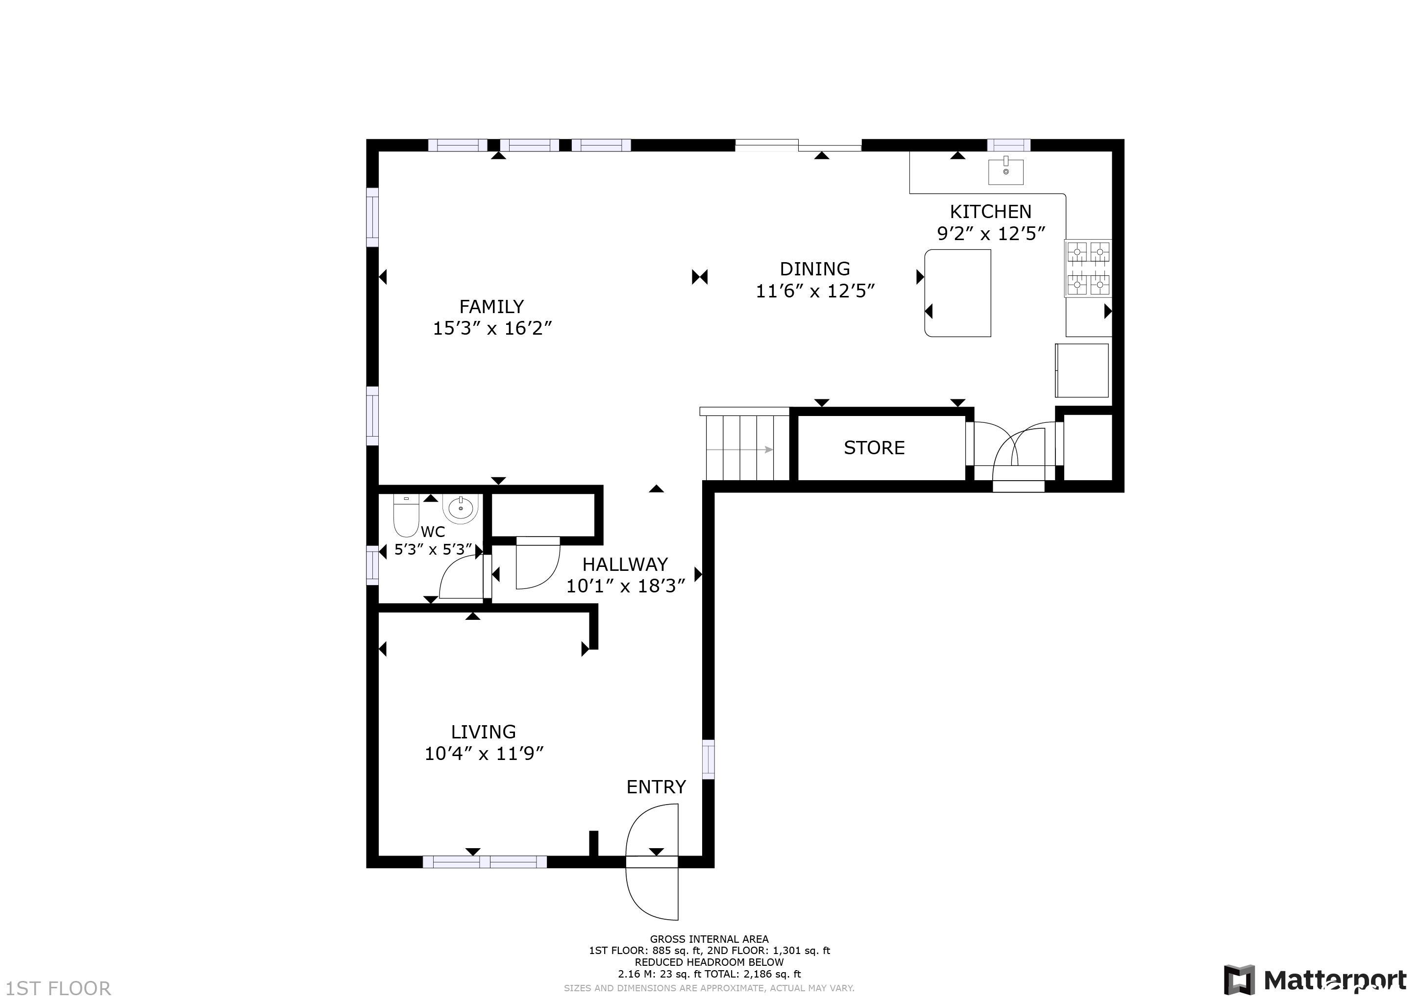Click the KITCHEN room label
(x=990, y=212)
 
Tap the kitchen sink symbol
(x=1005, y=171)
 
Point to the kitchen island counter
(x=957, y=293)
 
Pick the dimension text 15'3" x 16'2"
(x=492, y=328)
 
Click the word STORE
(x=874, y=447)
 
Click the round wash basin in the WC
(x=461, y=508)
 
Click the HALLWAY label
(x=625, y=564)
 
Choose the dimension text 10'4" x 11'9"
(x=484, y=754)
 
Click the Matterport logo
(x=1315, y=980)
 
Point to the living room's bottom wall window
(x=485, y=862)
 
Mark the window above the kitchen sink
(x=1008, y=145)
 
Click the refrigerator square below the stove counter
(x=1081, y=370)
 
